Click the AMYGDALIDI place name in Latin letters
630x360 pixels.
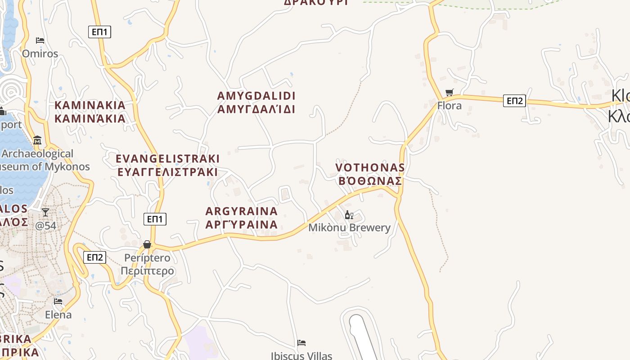click(x=256, y=96)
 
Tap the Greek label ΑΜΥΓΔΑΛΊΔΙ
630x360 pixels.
click(x=256, y=109)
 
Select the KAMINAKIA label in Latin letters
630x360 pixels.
click(x=90, y=105)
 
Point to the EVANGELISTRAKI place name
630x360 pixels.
click(x=168, y=159)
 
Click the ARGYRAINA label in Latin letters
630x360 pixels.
click(x=242, y=211)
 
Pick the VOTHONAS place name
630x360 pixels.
click(x=370, y=167)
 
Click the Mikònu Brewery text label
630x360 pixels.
click(x=349, y=228)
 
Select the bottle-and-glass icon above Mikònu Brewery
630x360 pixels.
click(x=349, y=215)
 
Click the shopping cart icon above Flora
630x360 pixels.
click(x=449, y=93)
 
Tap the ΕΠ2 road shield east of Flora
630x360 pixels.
click(x=514, y=101)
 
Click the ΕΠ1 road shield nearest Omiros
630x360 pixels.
click(x=99, y=32)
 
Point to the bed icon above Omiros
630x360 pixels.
click(x=40, y=40)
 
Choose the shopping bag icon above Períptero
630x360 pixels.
click(x=147, y=244)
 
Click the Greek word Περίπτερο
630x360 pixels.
click(x=147, y=271)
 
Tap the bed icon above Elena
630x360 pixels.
click(x=58, y=301)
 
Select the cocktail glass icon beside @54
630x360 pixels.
click(x=45, y=212)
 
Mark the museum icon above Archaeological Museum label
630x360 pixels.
click(x=37, y=140)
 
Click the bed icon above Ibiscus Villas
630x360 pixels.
click(x=301, y=343)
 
